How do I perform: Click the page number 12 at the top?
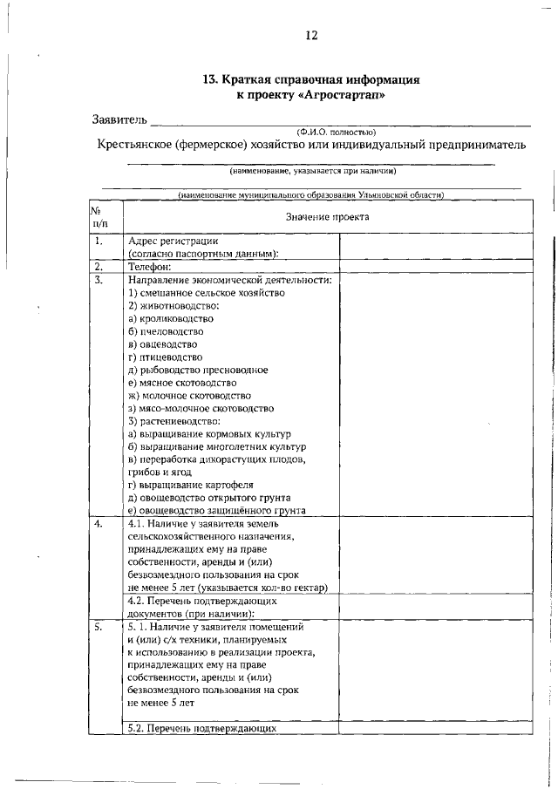(x=311, y=36)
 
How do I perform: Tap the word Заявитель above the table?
(x=120, y=119)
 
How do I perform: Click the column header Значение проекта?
(x=327, y=215)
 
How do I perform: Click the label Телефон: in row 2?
(x=149, y=268)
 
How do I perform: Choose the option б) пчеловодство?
(x=166, y=331)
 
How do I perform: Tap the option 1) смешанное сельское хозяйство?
(x=207, y=293)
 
